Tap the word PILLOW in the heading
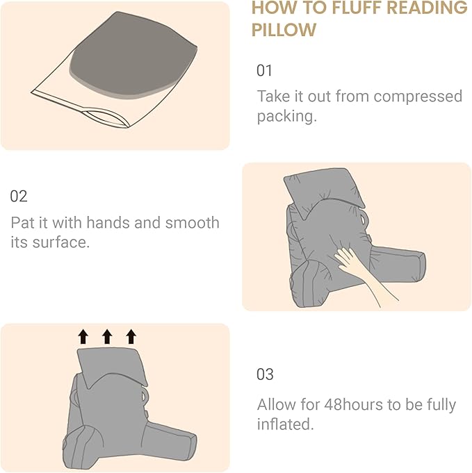point(284,31)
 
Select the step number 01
point(265,71)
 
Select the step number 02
point(19,197)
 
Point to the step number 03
point(265,374)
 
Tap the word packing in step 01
point(284,116)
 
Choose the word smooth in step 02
point(192,223)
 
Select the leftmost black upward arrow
point(83,337)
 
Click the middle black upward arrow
point(107,337)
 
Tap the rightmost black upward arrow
point(131,337)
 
